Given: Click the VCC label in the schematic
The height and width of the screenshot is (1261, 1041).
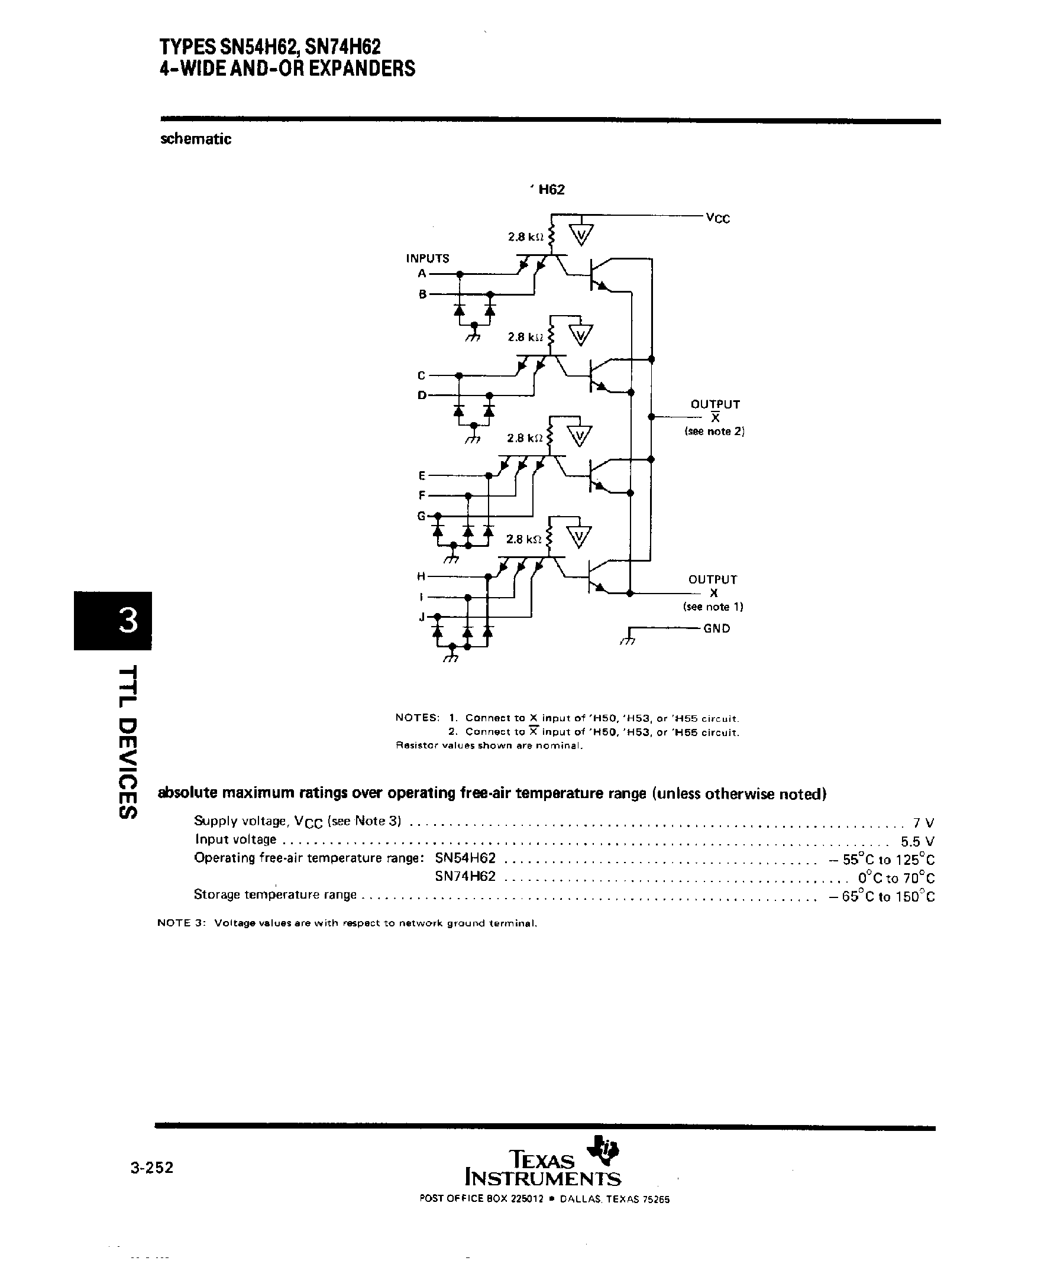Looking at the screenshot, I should (x=717, y=218).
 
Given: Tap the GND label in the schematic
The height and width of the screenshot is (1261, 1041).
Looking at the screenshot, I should (x=717, y=628).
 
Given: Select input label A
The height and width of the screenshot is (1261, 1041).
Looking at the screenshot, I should (x=422, y=273).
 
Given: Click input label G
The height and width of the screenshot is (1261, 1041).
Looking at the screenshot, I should (x=422, y=516).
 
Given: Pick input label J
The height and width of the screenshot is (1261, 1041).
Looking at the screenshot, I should (x=422, y=617).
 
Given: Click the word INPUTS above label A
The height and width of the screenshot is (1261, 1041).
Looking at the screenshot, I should (x=428, y=258).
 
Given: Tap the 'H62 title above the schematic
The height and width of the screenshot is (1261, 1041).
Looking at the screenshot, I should (x=549, y=190).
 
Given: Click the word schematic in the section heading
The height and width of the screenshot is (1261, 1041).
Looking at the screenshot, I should (x=196, y=139).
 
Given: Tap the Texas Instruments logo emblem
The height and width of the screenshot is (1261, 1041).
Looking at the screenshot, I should (x=604, y=1148).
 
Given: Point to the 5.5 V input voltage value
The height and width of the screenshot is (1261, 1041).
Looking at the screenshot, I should (x=917, y=841).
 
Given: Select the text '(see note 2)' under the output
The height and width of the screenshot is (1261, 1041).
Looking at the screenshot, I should (x=714, y=432).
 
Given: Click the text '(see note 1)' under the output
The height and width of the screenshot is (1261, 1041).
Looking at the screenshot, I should (x=713, y=607).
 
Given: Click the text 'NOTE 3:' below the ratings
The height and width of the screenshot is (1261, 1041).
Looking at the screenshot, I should (x=181, y=923).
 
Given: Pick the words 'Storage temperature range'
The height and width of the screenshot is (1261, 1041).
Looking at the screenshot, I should (x=274, y=895).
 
